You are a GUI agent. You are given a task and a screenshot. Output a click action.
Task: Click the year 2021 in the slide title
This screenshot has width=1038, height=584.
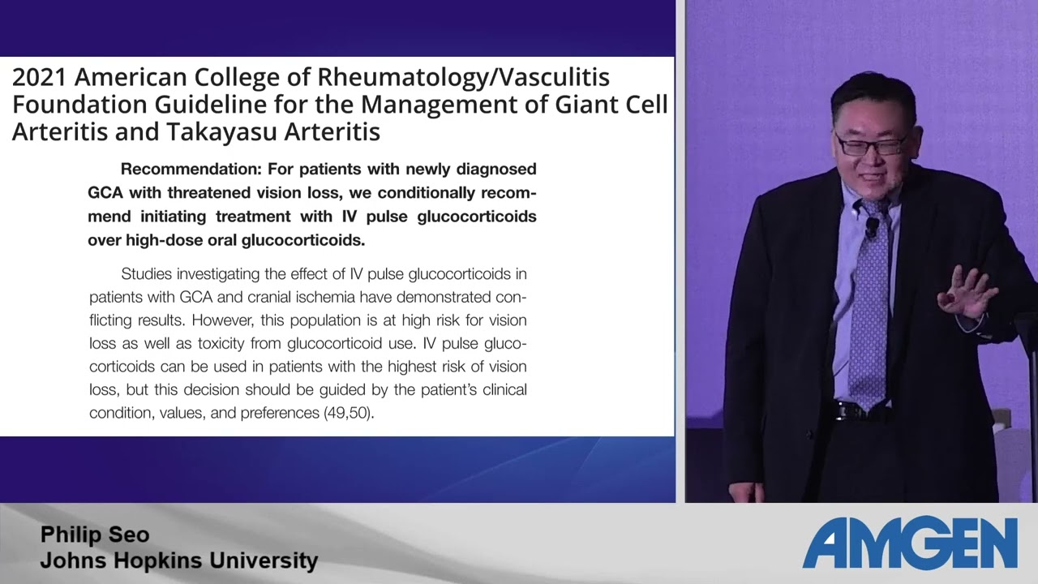pyautogui.click(x=40, y=77)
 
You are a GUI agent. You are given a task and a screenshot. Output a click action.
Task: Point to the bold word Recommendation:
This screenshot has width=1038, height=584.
pyautogui.click(x=191, y=170)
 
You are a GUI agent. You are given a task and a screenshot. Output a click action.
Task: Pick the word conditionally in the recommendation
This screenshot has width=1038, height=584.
pyautogui.click(x=427, y=193)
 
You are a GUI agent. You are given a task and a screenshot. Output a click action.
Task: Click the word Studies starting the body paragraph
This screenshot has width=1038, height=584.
pyautogui.click(x=146, y=274)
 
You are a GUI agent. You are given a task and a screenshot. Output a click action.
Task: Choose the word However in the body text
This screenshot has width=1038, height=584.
pyautogui.click(x=223, y=320)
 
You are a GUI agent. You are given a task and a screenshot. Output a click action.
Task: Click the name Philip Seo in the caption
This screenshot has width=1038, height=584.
pyautogui.click(x=95, y=535)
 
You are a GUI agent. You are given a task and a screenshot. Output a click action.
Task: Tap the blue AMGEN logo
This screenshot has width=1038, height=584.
pyautogui.click(x=910, y=543)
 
